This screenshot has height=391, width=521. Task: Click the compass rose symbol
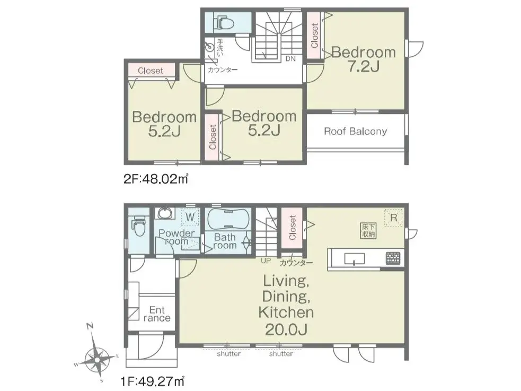[x=96, y=360]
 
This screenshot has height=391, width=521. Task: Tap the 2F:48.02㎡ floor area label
[x=156, y=179]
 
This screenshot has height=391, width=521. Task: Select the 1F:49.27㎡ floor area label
[x=153, y=381]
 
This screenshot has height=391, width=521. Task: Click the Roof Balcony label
[x=355, y=132]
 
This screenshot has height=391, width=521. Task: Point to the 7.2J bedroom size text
[x=364, y=67]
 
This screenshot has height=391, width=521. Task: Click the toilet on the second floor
[x=224, y=23]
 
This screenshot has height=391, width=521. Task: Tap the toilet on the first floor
[x=139, y=226]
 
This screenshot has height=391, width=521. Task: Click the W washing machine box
[x=190, y=218]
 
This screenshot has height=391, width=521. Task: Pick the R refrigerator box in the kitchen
[x=393, y=218]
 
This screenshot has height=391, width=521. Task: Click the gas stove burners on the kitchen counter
[x=393, y=258]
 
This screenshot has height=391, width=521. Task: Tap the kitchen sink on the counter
[x=354, y=258]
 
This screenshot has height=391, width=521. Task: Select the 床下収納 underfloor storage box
[x=368, y=230]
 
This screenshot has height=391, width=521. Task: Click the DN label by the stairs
[x=290, y=59]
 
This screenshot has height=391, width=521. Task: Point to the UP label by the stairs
[x=266, y=261]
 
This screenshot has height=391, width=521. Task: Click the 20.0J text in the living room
[x=286, y=329]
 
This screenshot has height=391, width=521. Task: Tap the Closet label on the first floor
[x=293, y=228]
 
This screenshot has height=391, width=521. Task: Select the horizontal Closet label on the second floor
[x=151, y=71]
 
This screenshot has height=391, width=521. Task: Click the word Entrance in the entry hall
[x=157, y=314]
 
